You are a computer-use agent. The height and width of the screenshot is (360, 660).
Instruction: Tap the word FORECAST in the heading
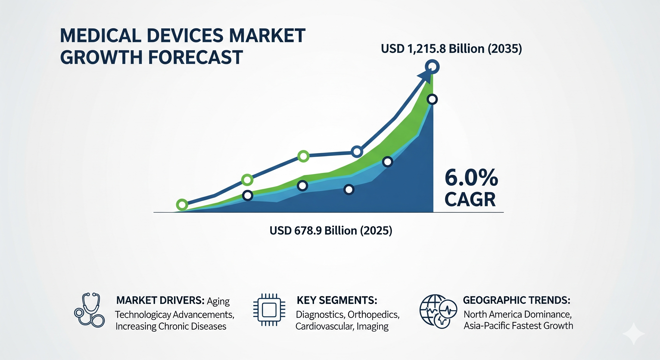coord(195,57)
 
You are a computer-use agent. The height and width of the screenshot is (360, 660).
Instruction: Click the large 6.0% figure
coord(471,178)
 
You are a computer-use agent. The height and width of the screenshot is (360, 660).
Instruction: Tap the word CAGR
coord(470,200)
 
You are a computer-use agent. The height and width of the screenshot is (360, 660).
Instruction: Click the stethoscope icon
coord(89,310)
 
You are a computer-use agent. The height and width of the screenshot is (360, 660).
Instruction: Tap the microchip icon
coord(269,310)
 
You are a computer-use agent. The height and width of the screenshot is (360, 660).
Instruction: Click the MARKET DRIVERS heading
coord(160,300)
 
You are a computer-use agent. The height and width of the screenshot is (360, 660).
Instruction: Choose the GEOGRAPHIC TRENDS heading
coord(517,300)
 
